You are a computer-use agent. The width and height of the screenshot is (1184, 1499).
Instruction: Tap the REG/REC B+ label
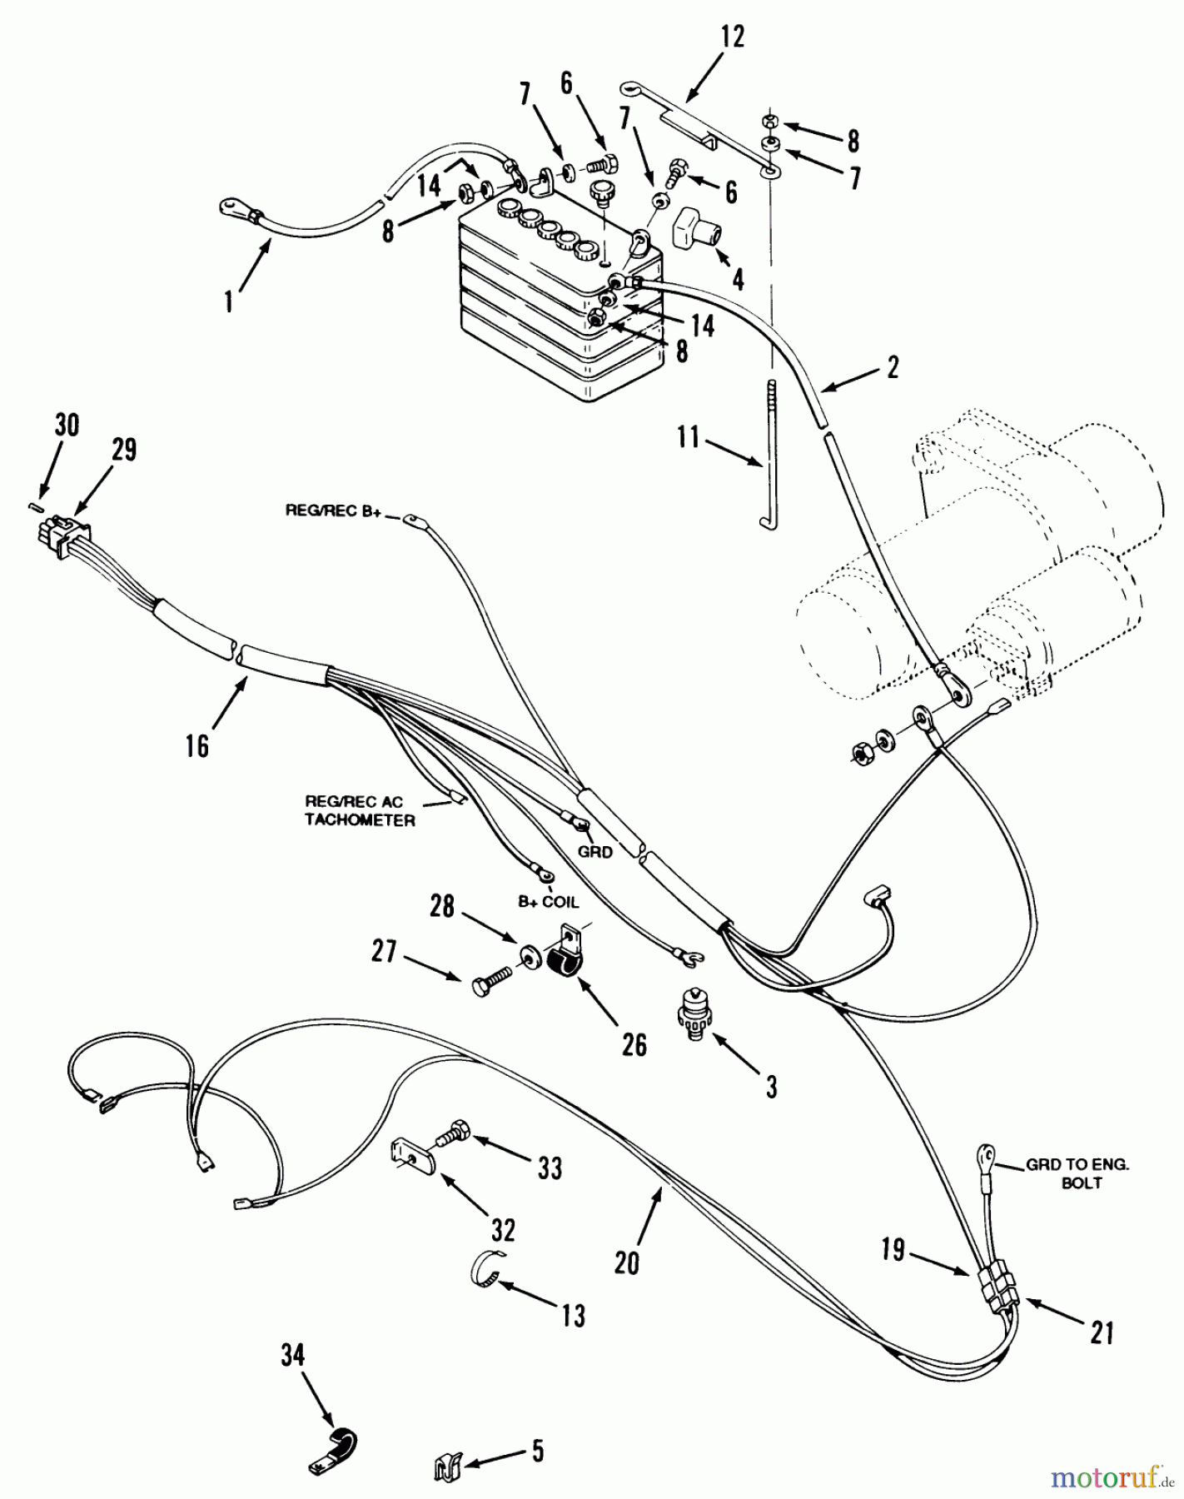tap(333, 511)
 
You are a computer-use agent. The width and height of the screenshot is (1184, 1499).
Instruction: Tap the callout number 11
tap(688, 437)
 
